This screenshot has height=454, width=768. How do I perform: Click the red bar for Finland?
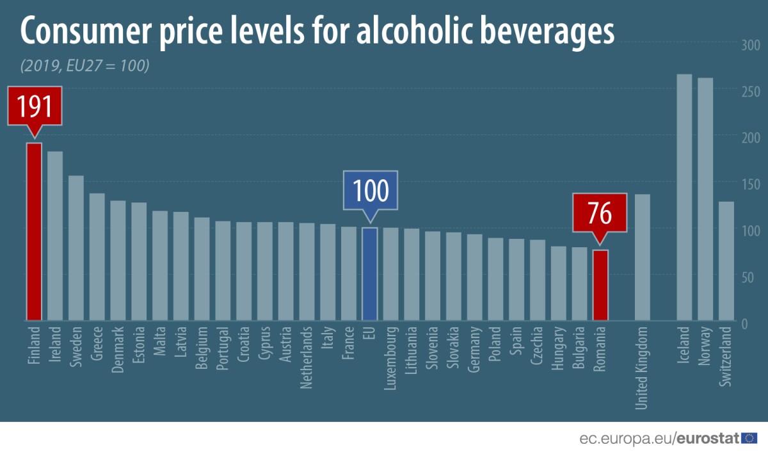34,231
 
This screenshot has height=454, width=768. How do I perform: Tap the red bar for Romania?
600,285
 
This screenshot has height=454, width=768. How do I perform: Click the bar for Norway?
705,199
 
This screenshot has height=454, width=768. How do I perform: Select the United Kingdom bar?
643,257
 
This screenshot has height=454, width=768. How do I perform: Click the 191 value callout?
35,107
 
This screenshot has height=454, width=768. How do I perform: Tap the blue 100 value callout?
370,190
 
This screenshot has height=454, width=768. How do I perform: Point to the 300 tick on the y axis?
750,45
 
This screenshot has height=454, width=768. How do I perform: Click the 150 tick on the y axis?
750,184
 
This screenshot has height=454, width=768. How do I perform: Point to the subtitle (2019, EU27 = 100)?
84,66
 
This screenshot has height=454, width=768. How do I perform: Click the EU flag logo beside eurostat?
749,439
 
